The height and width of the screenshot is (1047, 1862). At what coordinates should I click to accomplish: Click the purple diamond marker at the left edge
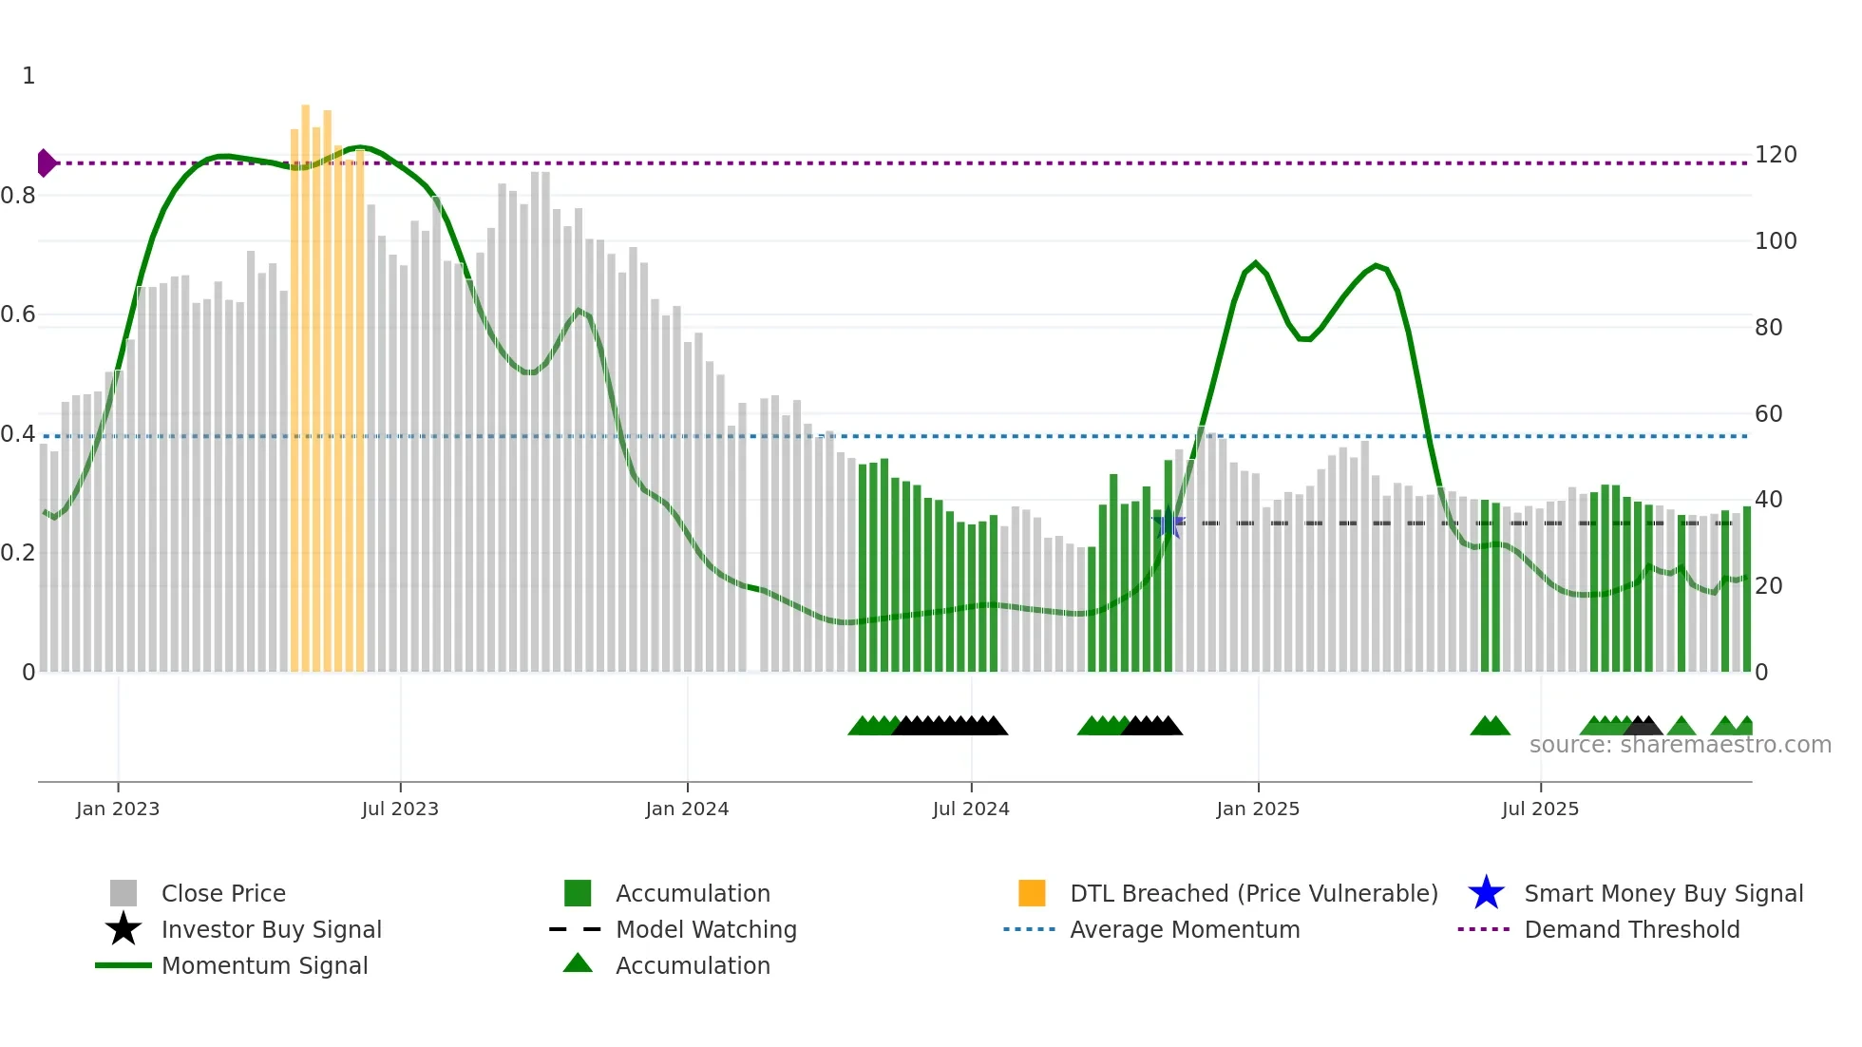point(46,163)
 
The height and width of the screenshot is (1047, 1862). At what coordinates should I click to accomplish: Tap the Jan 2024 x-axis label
point(687,809)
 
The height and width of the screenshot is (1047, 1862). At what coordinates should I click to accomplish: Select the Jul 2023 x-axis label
point(400,809)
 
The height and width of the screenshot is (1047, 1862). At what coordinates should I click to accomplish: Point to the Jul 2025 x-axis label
point(1540,809)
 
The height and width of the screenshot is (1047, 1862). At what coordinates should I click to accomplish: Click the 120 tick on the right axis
point(1776,155)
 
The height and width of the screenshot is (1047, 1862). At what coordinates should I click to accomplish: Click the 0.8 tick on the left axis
point(18,196)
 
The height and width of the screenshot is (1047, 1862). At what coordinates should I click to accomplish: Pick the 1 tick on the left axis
point(28,76)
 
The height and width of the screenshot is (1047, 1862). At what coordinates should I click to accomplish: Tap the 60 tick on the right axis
point(1769,414)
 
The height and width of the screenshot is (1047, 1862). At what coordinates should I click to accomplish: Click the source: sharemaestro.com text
point(1680,745)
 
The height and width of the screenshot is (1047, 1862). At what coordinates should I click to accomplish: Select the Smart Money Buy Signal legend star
point(1486,893)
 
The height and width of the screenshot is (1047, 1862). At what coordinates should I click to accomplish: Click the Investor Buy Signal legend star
point(123,929)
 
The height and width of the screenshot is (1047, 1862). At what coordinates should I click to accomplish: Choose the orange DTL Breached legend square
point(1032,893)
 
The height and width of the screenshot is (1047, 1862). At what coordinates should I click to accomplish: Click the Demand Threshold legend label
point(1631,929)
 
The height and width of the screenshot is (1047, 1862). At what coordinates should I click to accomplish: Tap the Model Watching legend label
point(706,929)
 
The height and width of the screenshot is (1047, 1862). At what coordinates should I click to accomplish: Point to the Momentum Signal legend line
point(123,965)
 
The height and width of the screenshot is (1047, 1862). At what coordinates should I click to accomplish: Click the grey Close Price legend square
point(123,893)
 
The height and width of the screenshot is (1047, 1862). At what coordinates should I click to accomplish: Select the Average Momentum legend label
point(1184,929)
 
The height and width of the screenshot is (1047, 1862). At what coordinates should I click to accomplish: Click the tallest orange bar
point(306,380)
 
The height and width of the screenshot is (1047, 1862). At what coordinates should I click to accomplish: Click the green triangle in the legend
point(578,964)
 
